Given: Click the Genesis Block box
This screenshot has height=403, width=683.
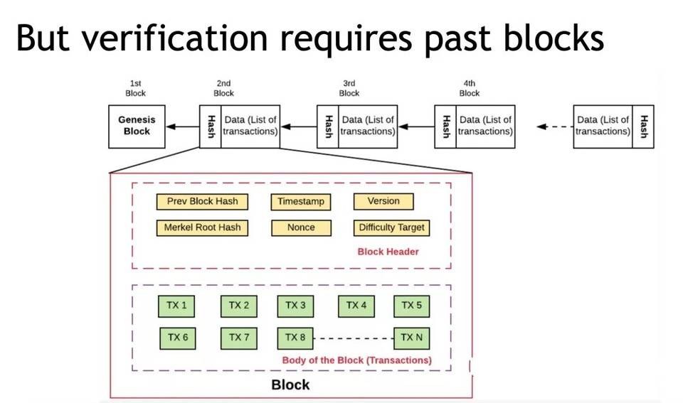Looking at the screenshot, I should [x=137, y=127].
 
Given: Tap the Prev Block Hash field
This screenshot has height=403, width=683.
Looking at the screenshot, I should [x=202, y=201].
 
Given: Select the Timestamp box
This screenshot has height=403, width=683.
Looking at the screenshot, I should [x=301, y=201].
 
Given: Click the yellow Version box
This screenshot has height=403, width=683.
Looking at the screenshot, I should [x=383, y=201].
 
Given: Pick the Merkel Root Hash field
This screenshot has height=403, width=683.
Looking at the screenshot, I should [x=202, y=227].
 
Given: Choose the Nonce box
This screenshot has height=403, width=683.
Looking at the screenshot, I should [x=301, y=227].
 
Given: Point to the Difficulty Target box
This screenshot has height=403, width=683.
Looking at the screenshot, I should [x=391, y=227].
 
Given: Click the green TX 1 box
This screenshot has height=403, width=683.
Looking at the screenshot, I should [x=177, y=306].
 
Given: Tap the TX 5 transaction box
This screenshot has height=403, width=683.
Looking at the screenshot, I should [x=411, y=306].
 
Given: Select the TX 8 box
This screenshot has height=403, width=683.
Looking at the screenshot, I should [x=295, y=337].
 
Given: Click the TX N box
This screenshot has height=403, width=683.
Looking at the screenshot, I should [x=411, y=337].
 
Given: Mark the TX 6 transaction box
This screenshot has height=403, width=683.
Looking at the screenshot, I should [x=177, y=337].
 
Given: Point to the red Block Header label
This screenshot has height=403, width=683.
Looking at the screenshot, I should [x=388, y=252].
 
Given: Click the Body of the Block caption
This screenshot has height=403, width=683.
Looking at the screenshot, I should [x=356, y=360].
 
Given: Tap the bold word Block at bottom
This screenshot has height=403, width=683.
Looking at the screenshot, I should [x=290, y=385].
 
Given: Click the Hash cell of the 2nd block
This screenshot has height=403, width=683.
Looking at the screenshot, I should [x=211, y=127].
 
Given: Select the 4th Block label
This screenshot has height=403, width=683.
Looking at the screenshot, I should [x=470, y=88].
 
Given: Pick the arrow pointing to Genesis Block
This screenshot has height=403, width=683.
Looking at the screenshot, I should [x=182, y=127].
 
